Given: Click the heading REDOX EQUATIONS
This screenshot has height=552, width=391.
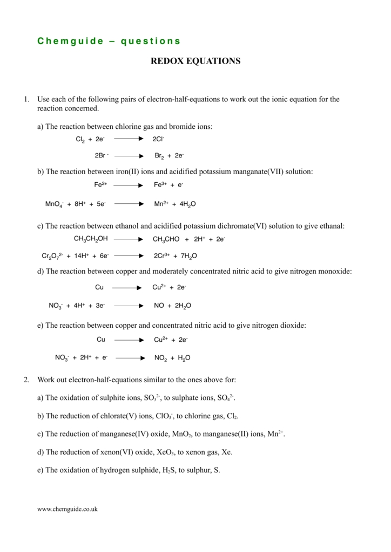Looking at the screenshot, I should pyautogui.click(x=195, y=61).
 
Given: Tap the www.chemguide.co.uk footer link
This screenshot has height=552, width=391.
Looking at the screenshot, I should pyautogui.click(x=67, y=509).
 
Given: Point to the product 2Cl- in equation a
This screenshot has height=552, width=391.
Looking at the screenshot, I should pyautogui.click(x=158, y=139).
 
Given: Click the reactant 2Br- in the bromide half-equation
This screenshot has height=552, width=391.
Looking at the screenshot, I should pyautogui.click(x=101, y=155).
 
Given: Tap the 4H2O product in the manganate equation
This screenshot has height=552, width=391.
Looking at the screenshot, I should pyautogui.click(x=185, y=204).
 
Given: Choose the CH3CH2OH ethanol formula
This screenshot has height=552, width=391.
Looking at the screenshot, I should pyautogui.click(x=91, y=238).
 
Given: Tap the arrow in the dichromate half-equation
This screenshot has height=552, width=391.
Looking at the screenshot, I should pyautogui.click(x=129, y=256).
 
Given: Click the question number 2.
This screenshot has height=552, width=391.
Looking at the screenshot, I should pyautogui.click(x=26, y=379).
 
